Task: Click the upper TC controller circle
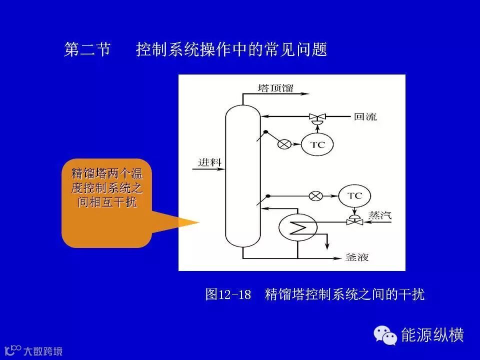pos(317,145)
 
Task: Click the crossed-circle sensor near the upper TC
pos(284,145)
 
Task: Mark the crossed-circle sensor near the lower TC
pos(315,195)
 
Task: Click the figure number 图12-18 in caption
pos(228,294)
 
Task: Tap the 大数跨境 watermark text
pos(43,351)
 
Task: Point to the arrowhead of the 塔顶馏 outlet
pos(306,93)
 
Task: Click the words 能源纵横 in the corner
pos(433,334)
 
